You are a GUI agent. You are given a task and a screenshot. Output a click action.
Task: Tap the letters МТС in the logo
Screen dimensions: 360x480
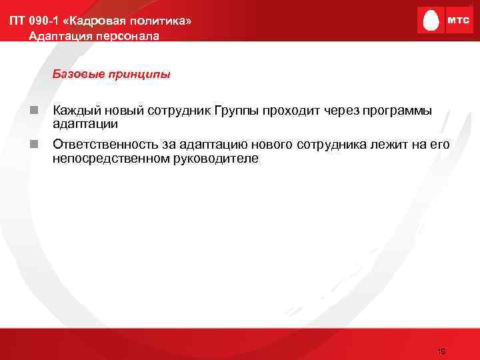point(457,21)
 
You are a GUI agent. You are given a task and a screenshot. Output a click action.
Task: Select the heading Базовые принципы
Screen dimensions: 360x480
point(111,74)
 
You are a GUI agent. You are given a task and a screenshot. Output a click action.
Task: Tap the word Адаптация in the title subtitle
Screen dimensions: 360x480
point(58,36)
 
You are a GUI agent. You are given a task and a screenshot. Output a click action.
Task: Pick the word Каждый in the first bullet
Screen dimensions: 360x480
point(75,109)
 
